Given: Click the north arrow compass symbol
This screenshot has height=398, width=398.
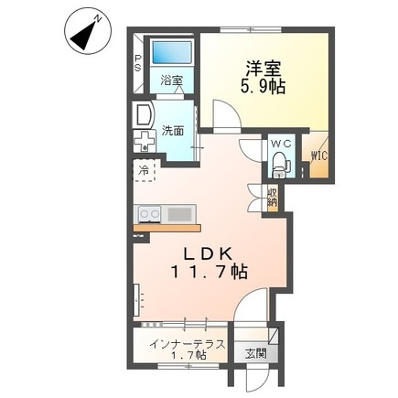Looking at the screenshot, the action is (88, 33).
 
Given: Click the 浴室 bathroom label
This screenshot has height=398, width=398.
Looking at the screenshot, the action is (172, 80).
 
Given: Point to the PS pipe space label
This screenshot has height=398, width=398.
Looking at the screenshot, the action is (138, 62).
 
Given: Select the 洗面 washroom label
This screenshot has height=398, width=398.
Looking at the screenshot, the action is (173, 131).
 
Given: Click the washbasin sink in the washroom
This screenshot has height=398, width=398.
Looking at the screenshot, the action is (144, 115).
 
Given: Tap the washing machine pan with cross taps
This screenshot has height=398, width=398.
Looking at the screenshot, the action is (145, 141).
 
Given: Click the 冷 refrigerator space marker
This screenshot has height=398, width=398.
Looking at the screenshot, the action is (144, 170).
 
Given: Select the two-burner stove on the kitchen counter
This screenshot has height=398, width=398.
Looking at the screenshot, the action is (149, 214).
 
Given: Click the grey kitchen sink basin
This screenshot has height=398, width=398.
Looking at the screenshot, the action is (179, 214).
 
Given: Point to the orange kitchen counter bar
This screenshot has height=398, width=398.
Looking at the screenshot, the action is (167, 228).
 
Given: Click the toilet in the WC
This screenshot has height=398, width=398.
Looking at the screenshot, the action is (281, 165).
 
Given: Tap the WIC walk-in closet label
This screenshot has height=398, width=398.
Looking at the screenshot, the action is (319, 156).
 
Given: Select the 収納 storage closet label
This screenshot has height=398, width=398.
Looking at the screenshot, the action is (272, 197).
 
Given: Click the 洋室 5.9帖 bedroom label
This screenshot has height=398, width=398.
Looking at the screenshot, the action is (264, 78).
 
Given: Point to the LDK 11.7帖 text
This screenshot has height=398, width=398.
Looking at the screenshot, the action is (209, 263).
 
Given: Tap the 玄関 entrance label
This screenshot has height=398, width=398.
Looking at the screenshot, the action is (256, 354).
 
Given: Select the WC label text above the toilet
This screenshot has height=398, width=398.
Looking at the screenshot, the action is (281, 144).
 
